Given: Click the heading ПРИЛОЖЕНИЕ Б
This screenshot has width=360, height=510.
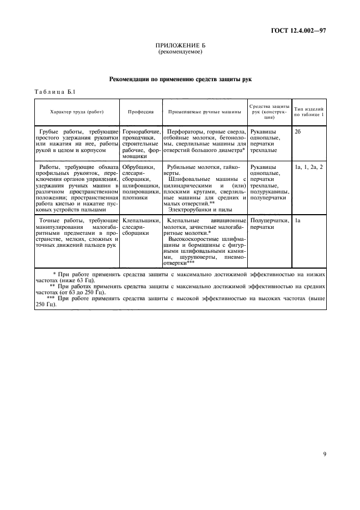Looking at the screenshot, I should coord(180,46).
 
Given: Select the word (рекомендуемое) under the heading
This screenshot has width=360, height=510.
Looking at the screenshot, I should coord(180,52).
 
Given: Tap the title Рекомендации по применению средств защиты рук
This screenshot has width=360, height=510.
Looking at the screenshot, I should coord(180,80).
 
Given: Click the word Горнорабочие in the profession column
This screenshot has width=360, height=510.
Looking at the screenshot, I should coord(141,132).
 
